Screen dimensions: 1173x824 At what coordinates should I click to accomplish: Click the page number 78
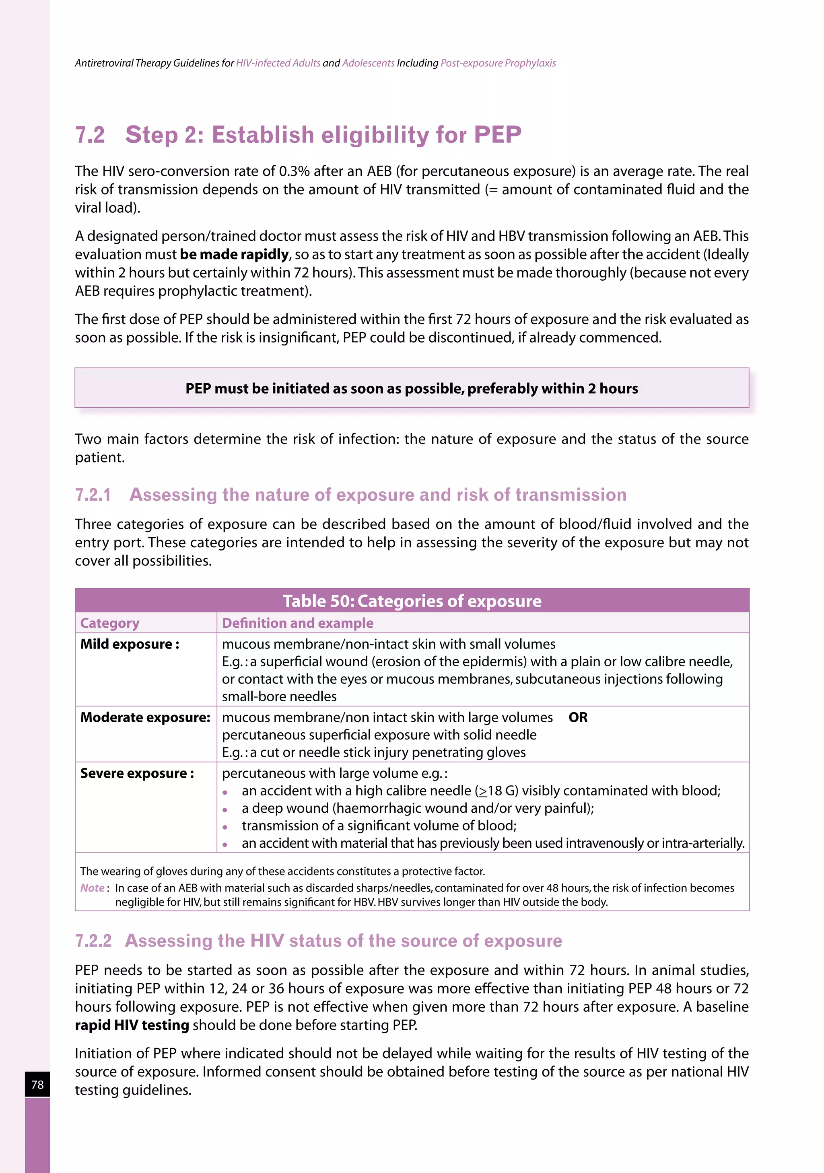37,1084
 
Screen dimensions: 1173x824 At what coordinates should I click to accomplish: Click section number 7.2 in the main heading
90,135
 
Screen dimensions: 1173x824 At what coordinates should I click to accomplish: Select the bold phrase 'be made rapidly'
234,255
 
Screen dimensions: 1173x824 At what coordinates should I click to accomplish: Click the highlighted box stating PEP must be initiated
412,388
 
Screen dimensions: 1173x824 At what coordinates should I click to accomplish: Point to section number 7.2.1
93,495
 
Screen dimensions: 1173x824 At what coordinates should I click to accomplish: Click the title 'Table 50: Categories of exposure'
412,601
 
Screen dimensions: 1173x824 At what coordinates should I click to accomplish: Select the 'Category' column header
109,623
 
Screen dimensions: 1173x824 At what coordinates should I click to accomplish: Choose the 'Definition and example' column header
297,623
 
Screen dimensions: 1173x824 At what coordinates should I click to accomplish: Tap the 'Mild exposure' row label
129,644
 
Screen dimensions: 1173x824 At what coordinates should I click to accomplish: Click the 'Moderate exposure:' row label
145,718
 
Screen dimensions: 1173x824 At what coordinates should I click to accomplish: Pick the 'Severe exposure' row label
136,773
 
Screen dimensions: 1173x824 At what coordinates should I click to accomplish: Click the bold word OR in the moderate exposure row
578,718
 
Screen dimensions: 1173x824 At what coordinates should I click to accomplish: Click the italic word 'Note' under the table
92,888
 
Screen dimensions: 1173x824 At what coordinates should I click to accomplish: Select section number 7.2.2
93,941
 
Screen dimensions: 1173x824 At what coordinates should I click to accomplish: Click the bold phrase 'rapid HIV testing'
132,1025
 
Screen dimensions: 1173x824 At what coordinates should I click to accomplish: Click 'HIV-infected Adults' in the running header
278,64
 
